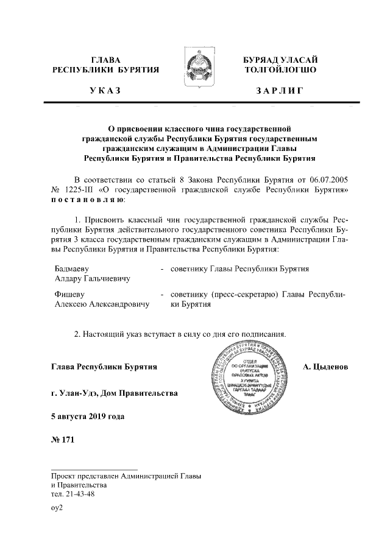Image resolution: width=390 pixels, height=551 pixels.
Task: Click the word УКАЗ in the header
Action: click(x=105, y=92)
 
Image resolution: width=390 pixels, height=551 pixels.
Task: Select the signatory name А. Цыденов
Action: click(x=326, y=367)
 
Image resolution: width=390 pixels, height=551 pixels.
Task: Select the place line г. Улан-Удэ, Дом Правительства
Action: click(x=115, y=393)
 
